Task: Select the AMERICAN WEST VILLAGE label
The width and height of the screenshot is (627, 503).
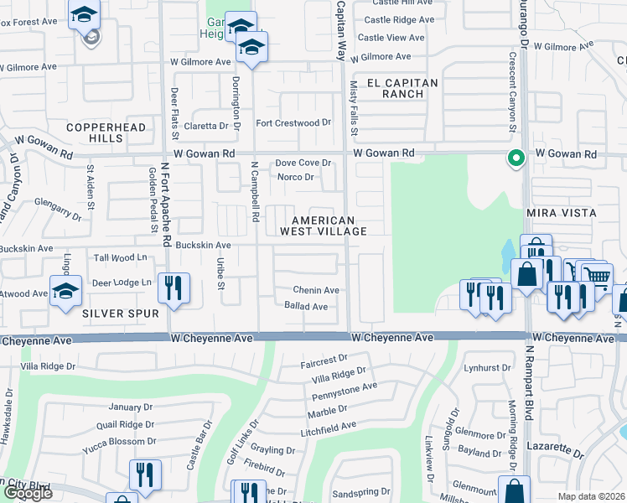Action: coord(323,225)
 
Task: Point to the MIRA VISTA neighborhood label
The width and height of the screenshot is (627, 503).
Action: coord(561,214)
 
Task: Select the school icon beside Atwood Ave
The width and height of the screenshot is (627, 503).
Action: coord(66,291)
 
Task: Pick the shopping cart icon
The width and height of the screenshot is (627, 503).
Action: coord(595,277)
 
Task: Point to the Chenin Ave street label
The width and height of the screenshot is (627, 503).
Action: coord(315,290)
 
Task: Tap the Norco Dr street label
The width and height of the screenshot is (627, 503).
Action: coord(296,177)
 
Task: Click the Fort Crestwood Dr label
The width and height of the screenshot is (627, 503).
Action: coord(293,123)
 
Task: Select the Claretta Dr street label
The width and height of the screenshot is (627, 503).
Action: coord(206,126)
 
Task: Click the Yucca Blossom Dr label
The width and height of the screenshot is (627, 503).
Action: coord(119,441)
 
